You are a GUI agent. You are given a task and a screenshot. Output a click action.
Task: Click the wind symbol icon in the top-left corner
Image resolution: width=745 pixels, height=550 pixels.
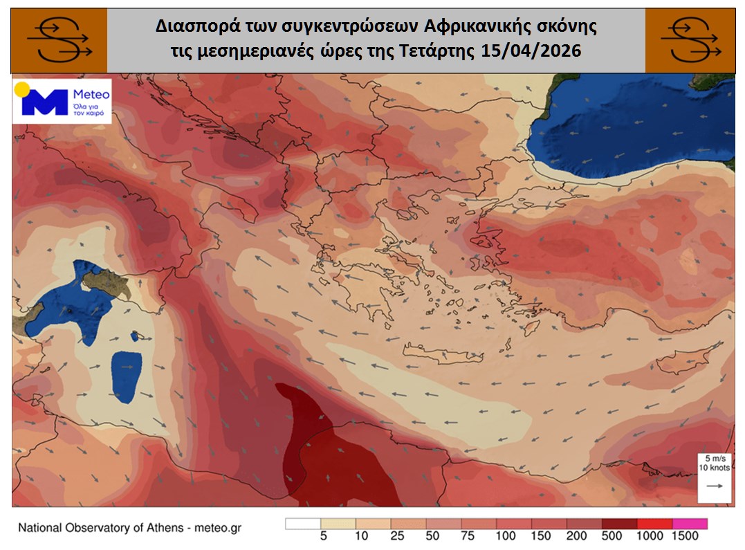(59, 40)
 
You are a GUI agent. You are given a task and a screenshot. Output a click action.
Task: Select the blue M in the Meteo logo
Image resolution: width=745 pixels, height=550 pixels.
(44, 102)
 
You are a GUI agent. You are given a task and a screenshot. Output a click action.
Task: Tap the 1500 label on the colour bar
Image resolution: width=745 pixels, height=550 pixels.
(685, 535)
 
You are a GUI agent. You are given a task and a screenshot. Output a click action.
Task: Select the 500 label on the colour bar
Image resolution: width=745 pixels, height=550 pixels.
(614, 535)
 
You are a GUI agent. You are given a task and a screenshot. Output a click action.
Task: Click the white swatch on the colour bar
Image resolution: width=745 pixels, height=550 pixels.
(303, 523)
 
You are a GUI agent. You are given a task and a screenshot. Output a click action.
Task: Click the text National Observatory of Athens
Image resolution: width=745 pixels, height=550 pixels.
(101, 529)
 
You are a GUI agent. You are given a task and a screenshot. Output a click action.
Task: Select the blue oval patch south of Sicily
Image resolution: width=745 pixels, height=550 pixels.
(127, 377)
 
